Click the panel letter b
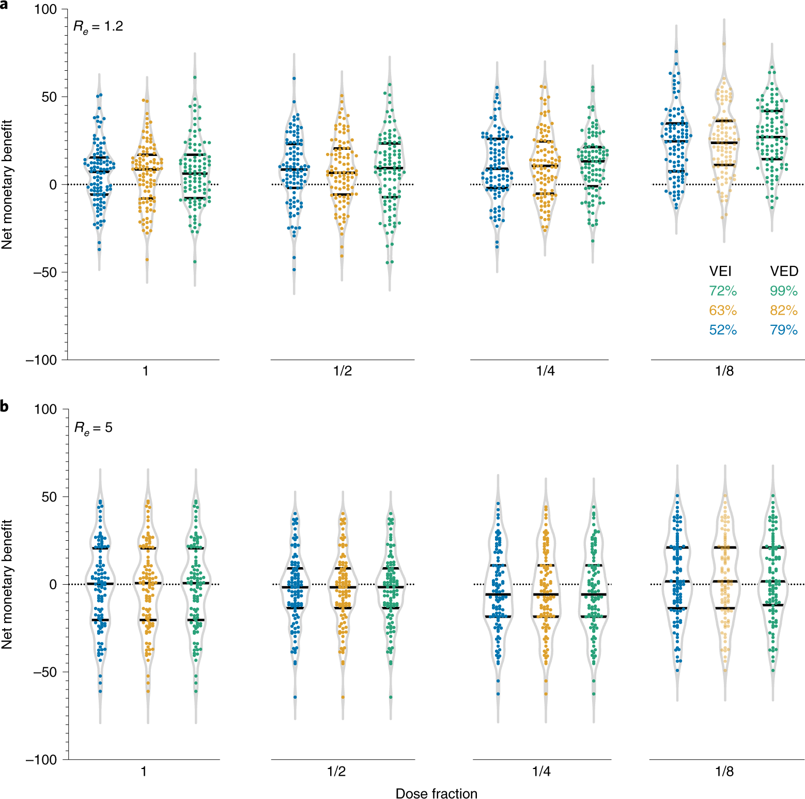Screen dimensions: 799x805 [x=5, y=406]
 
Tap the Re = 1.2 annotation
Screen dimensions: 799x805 [x=98, y=26]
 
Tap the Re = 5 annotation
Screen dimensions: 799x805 [x=94, y=428]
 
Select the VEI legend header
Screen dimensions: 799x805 [x=720, y=271]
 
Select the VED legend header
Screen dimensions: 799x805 [x=784, y=271]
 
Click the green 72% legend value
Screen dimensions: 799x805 [x=723, y=291]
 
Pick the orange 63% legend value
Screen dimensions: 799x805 [x=723, y=310]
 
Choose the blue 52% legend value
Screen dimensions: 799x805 [x=723, y=330]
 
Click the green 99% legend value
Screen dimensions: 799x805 [x=784, y=291]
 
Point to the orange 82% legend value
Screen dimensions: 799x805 [x=784, y=310]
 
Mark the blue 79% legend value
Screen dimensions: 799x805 [x=784, y=330]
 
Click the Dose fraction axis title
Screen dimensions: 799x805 [x=436, y=793]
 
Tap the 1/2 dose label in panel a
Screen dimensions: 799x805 [x=343, y=371]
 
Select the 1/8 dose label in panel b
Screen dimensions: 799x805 [x=724, y=771]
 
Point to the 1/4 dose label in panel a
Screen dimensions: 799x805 [x=546, y=371]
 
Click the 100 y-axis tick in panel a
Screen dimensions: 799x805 [x=45, y=10]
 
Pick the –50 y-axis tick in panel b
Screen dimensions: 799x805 [x=45, y=672]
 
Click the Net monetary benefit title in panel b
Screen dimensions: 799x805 [x=7, y=584]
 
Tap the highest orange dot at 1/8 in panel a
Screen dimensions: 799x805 [x=724, y=43]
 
